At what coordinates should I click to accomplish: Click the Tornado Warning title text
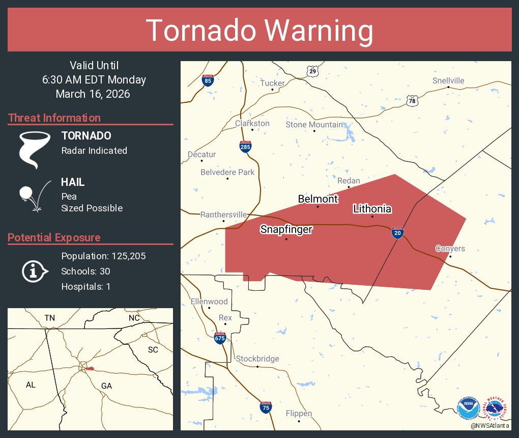[x=259, y=31]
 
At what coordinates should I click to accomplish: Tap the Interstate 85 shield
[x=207, y=80]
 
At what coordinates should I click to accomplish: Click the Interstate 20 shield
[x=398, y=233]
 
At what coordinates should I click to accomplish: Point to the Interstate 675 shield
[x=220, y=338]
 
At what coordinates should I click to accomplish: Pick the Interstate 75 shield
[x=266, y=407]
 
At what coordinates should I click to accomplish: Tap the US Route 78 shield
[x=412, y=101]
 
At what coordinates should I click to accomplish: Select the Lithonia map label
[x=372, y=209]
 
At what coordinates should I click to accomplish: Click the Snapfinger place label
[x=286, y=230]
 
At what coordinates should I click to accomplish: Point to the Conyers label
[x=450, y=249]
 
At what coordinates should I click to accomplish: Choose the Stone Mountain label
[x=314, y=125]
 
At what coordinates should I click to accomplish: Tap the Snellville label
[x=448, y=81]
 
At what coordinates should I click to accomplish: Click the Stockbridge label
[x=257, y=359]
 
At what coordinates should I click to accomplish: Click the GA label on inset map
[x=106, y=386]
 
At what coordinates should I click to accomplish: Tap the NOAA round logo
[x=468, y=408]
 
